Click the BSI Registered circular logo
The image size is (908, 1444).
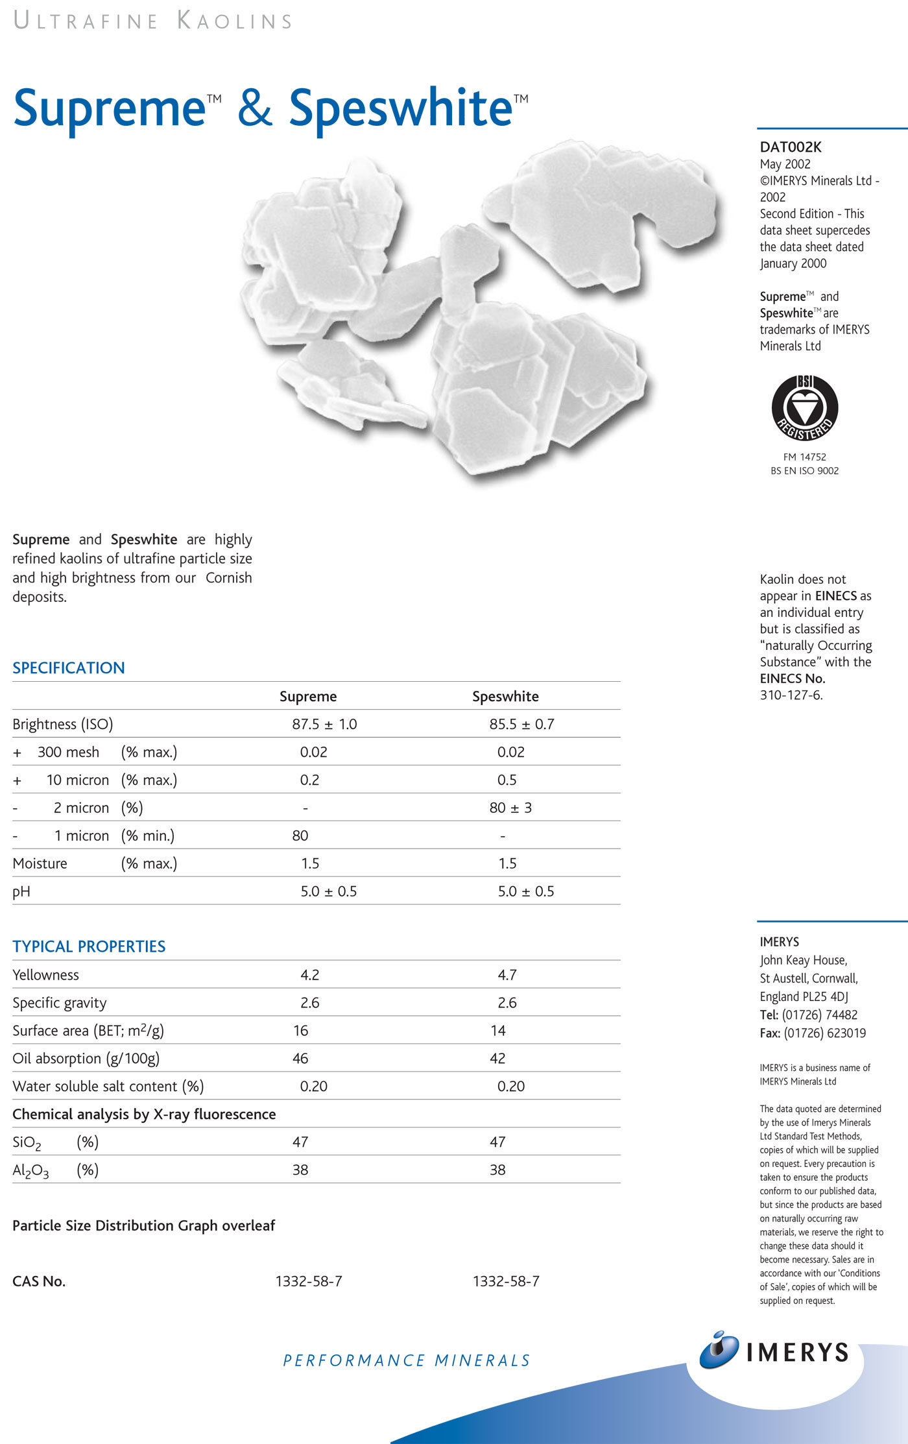(x=804, y=408)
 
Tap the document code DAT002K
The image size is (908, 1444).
(x=791, y=147)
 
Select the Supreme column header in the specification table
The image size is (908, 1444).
(x=308, y=696)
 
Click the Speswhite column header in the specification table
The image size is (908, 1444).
(x=505, y=696)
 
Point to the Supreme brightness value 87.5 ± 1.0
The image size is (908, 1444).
(x=324, y=724)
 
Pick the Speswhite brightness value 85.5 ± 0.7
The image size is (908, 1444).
(x=521, y=724)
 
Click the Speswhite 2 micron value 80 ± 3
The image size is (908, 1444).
(x=510, y=808)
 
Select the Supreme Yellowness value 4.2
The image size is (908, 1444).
(x=310, y=974)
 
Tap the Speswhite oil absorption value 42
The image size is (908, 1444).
(x=497, y=1058)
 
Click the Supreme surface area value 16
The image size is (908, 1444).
(x=300, y=1030)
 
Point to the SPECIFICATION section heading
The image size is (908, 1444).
(x=69, y=668)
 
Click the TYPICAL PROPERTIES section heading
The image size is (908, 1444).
(x=89, y=946)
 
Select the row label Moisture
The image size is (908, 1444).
(x=40, y=863)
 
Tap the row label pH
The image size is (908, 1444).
(x=21, y=891)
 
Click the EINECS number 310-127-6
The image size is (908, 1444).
(x=791, y=695)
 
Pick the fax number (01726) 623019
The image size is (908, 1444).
(x=824, y=1033)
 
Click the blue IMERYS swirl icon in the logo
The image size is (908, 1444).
(x=719, y=1351)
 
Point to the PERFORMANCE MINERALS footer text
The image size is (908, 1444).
(x=407, y=1360)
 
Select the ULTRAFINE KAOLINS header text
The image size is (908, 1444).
(x=153, y=21)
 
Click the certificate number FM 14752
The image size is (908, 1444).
(x=804, y=457)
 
